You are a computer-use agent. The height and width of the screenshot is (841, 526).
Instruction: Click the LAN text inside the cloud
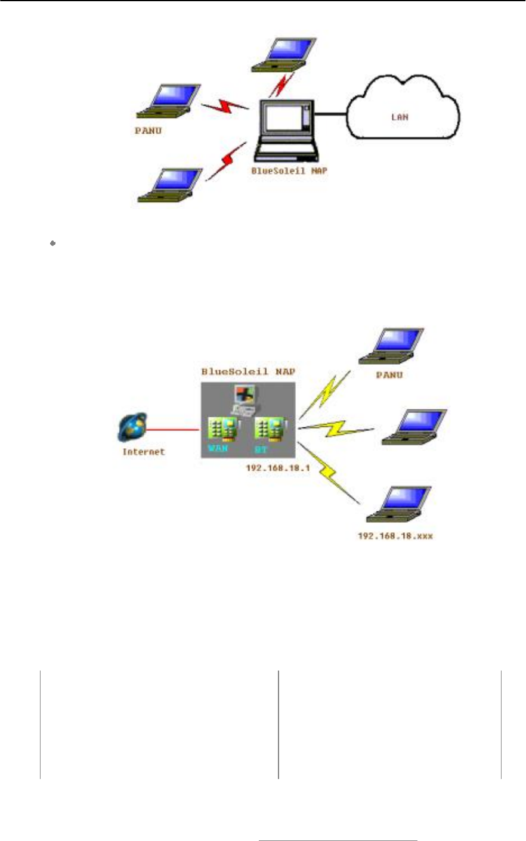[x=399, y=117]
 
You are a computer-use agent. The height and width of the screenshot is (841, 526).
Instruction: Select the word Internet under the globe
[x=143, y=452]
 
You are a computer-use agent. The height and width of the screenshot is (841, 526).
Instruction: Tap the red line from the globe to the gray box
[x=174, y=429]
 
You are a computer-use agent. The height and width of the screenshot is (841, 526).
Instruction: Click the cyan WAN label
[x=218, y=449]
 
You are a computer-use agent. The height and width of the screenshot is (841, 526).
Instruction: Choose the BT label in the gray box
[x=260, y=449]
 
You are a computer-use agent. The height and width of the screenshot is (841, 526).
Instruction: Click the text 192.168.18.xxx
[x=395, y=536]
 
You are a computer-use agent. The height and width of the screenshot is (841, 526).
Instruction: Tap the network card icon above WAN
[x=219, y=429]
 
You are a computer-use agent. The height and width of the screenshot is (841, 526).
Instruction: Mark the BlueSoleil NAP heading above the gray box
[x=249, y=371]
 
